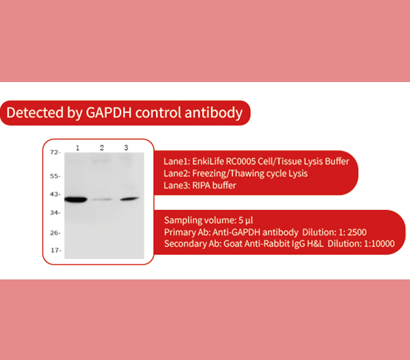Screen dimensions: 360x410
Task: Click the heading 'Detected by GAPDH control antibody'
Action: [x=124, y=113]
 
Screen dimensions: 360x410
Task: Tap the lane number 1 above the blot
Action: [x=78, y=148]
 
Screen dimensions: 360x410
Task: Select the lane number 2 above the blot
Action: [x=102, y=148]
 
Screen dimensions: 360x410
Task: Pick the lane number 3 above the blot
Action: [x=126, y=148]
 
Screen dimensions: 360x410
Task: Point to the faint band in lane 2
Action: [x=103, y=200]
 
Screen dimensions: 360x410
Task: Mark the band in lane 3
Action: [x=129, y=199]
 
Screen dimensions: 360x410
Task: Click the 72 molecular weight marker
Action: [x=54, y=152]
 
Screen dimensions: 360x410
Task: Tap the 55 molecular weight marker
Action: [x=54, y=176]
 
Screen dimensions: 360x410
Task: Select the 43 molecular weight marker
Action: [x=54, y=194]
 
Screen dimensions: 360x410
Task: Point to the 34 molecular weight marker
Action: [x=54, y=212]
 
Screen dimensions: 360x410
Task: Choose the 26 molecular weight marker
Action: [x=54, y=232]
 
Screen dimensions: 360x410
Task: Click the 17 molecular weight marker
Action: [x=54, y=250]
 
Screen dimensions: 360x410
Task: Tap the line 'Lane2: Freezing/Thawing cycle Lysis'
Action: [x=235, y=173]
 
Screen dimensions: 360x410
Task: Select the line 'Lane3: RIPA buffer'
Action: [x=200, y=185]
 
